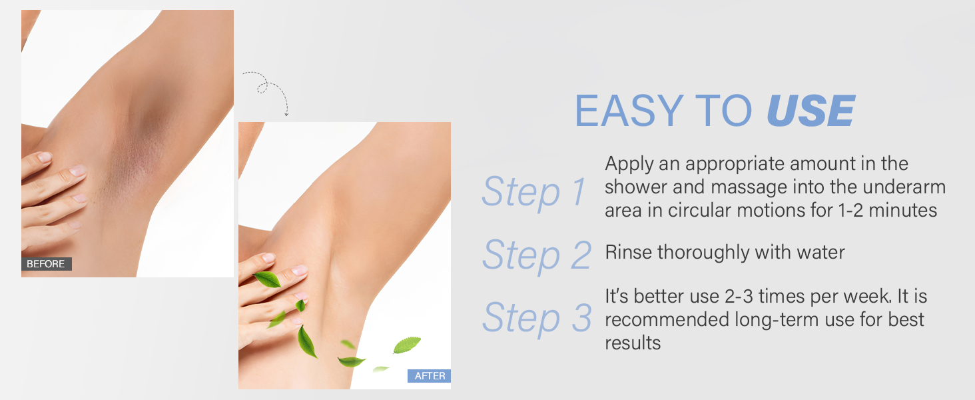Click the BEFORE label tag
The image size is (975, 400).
pyautogui.click(x=47, y=263)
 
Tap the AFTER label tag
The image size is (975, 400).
pyautogui.click(x=429, y=375)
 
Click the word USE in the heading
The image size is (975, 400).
pyautogui.click(x=811, y=111)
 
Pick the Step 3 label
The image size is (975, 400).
pyautogui.click(x=537, y=317)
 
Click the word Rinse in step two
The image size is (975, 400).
pyautogui.click(x=628, y=252)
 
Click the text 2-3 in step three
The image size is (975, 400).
pyautogui.click(x=739, y=297)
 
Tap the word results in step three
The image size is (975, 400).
pyautogui.click(x=633, y=343)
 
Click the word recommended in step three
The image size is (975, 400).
pyautogui.click(x=667, y=320)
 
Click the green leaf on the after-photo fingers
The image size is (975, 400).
pyautogui.click(x=267, y=279)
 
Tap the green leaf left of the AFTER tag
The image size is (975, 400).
pyautogui.click(x=406, y=345)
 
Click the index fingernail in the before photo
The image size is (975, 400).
pyautogui.click(x=78, y=171)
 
